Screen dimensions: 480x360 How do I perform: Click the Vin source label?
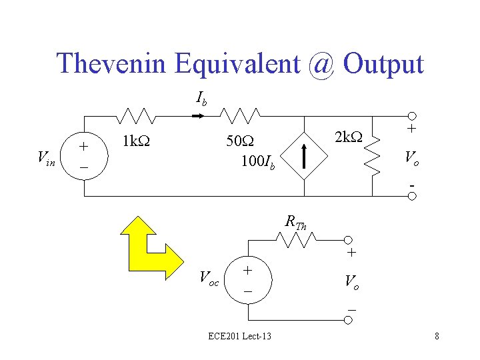click(47, 158)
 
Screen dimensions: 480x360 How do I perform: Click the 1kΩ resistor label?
click(136, 141)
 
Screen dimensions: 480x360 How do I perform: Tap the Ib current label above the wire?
click(201, 99)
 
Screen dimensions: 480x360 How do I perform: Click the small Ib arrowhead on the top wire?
click(198, 117)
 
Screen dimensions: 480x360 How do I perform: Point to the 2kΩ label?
click(349, 137)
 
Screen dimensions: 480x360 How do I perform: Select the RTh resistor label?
click(295, 221)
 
